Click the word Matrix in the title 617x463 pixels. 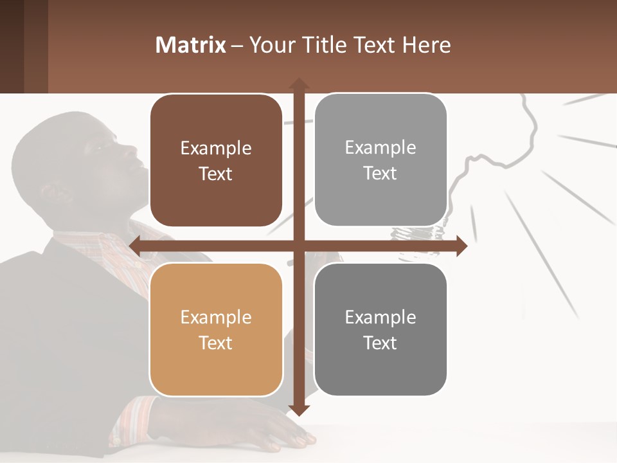pos(190,45)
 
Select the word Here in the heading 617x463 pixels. pos(426,45)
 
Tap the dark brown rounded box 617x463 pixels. pos(216,161)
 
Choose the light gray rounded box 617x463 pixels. pos(380,160)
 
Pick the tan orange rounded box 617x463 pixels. pos(216,329)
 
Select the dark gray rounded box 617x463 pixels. pos(380,329)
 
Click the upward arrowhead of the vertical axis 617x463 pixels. pos(299,83)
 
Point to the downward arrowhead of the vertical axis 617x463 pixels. pos(299,410)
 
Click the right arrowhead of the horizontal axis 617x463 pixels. pos(461,246)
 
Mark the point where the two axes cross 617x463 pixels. pos(299,246)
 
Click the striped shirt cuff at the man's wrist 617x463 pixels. pos(138,418)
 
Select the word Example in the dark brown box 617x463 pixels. pos(216,149)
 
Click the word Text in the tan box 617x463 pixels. pos(216,343)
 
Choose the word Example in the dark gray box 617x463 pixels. pos(380,317)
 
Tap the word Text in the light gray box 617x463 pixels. pos(380,174)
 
